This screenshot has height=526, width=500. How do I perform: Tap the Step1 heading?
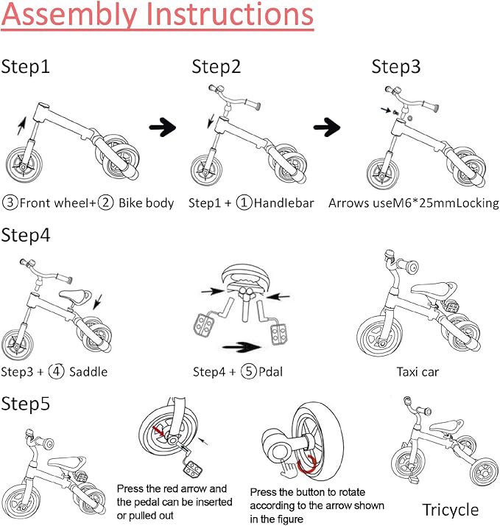coord(26,67)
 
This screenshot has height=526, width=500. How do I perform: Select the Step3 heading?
coord(396,67)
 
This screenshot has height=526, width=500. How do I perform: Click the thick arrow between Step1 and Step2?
coord(163,127)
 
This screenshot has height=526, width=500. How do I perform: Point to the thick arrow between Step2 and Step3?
coord(326,127)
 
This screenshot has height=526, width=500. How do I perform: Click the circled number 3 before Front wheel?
coord(10,203)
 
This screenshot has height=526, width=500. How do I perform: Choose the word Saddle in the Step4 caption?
coord(88,371)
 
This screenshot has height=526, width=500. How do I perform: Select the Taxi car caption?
coord(418,371)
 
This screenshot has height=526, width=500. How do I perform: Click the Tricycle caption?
coord(450,509)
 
